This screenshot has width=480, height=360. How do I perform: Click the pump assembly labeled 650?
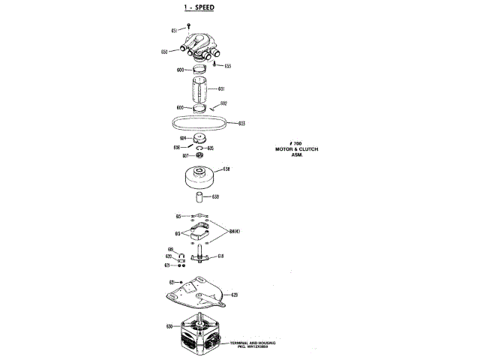[200, 46]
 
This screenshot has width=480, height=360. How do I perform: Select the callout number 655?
[227, 66]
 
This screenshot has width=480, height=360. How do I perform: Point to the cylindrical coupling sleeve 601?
[200, 89]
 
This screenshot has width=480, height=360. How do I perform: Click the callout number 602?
[223, 103]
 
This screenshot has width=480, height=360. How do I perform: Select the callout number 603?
[241, 123]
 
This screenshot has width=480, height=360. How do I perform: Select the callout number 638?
[226, 170]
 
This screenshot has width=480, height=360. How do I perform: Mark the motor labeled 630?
[202, 334]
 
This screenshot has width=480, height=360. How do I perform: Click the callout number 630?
[169, 326]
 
